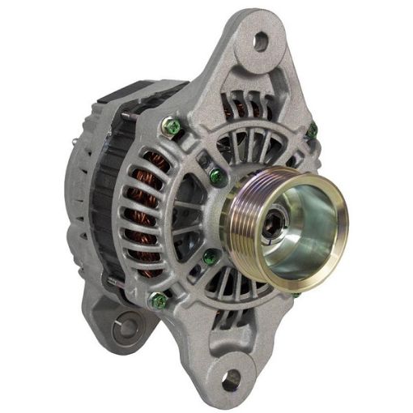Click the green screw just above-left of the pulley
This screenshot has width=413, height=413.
[215, 174]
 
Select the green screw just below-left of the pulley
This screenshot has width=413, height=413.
[210, 258]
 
